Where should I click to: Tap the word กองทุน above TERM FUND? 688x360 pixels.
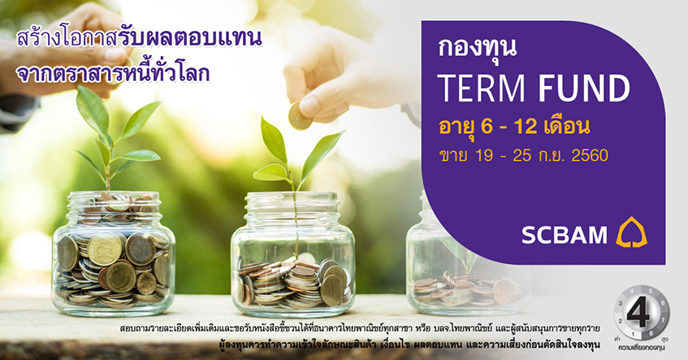coord(477,48)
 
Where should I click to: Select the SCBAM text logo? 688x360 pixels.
coord(565,235)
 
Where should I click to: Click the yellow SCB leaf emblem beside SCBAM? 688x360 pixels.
coord(631,232)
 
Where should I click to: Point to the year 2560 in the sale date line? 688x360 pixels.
coord(590,155)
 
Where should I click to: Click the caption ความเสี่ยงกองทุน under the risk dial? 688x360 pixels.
coord(641,348)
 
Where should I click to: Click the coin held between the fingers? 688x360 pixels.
coord(300,116)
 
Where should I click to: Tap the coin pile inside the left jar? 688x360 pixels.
coord(112,268)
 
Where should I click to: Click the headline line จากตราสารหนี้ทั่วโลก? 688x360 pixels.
coord(113,73)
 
